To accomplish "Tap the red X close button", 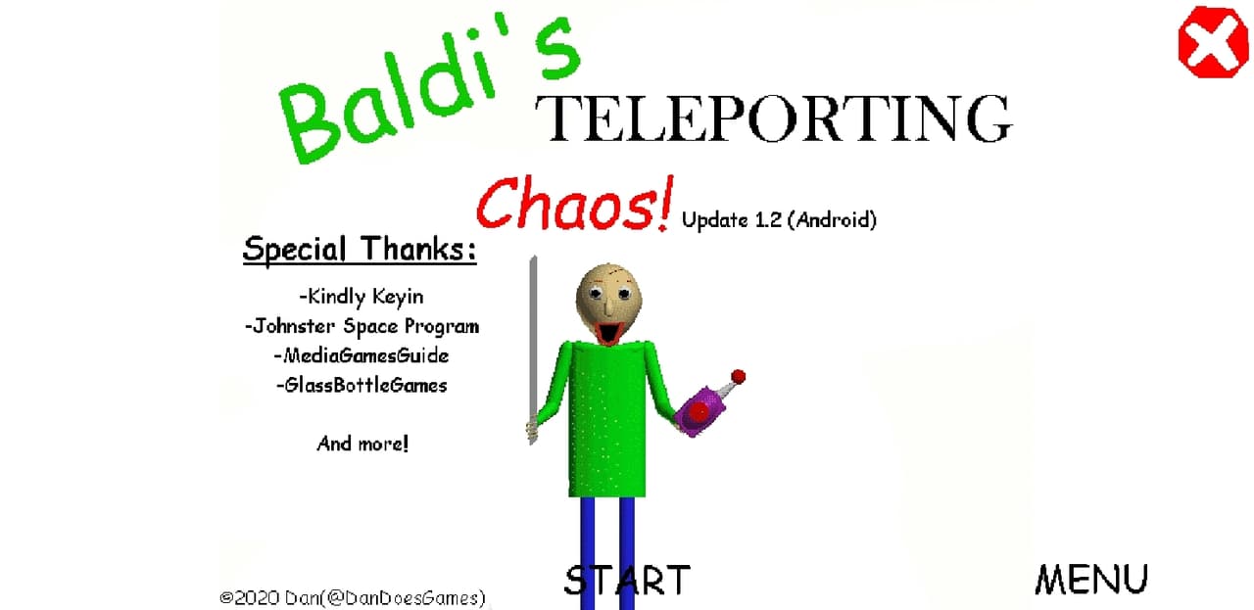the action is tap(1213, 42).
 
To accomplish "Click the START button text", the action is tap(627, 581).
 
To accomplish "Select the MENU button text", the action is tap(1091, 580).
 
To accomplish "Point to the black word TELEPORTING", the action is tap(774, 118).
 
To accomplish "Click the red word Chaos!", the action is tap(575, 204).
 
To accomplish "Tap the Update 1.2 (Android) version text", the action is tap(779, 220).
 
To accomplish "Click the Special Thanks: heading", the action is tap(360, 250).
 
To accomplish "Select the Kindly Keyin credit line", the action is tap(362, 297).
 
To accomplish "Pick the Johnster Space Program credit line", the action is tap(362, 326).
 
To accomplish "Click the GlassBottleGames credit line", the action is tap(362, 386).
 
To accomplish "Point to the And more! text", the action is tap(362, 444).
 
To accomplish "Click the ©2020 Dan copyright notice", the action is tap(352, 597).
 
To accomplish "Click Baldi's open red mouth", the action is tap(608, 331).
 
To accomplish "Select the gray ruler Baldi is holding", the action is tap(533, 350).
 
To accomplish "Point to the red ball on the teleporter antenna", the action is tap(739, 377).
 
